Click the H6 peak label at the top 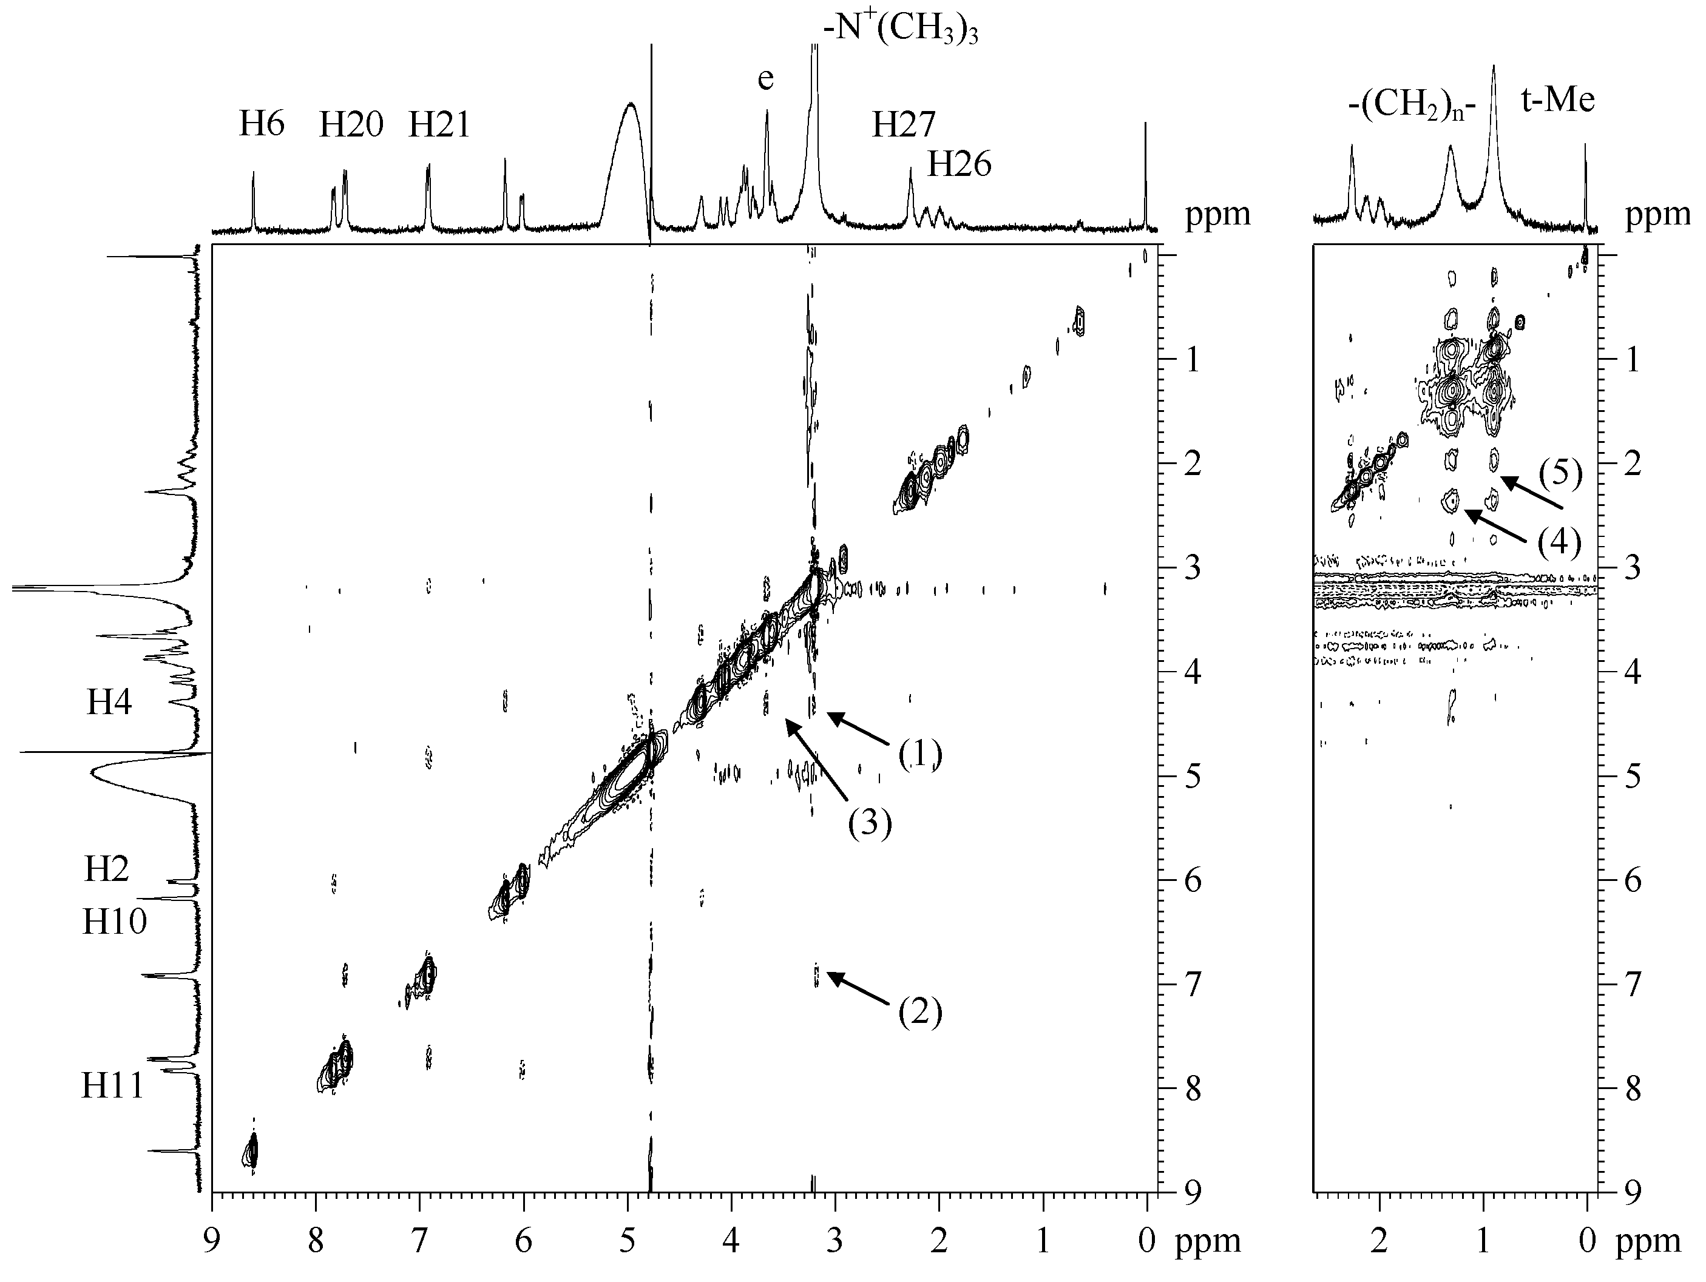pos(262,124)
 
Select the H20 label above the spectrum pos(351,124)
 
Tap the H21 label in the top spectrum pos(439,124)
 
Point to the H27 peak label pos(903,124)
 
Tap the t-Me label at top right pos(1557,100)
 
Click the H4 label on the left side pos(109,703)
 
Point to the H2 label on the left pos(106,869)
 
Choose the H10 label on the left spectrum pos(114,921)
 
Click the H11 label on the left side pos(113,1086)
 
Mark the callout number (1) pos(920,754)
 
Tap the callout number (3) pos(870,823)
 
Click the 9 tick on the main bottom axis pos(212,1242)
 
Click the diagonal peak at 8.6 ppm pos(251,1151)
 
